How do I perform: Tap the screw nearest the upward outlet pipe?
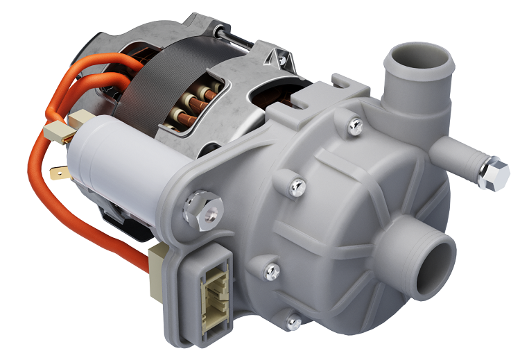355,126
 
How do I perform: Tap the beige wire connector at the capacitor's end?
58,132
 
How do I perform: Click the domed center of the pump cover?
333,229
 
